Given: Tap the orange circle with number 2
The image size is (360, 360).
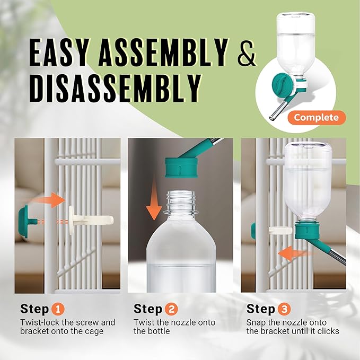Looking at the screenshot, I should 171,309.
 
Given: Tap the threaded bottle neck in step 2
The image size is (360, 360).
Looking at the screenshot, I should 181,202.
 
